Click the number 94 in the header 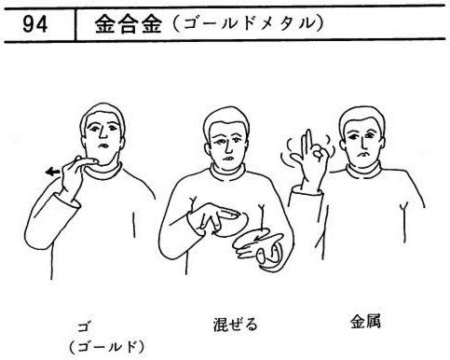35,24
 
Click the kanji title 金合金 129,24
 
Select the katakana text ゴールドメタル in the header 247,24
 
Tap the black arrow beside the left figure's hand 52,172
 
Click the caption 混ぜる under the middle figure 236,325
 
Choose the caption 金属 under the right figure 365,322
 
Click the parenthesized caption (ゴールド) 107,347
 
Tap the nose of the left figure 102,132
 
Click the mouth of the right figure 362,154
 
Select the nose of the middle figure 228,146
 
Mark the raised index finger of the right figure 308,142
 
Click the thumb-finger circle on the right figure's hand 320,153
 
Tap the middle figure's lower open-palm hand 258,248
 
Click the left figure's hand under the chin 75,175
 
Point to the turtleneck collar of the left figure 103,171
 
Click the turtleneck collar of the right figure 364,172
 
